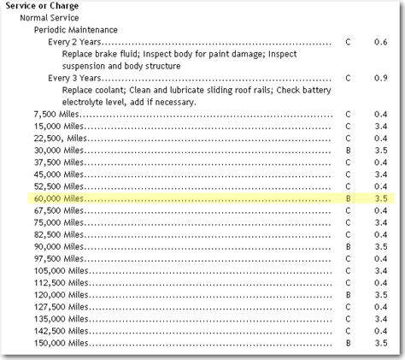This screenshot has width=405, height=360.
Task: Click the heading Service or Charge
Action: point(35,5)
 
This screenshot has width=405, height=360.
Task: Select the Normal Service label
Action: point(50,17)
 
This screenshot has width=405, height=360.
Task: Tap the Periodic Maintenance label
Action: point(76,29)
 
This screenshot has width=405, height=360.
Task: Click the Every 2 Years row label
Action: point(77,41)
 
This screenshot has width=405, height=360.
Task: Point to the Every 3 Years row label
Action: point(77,78)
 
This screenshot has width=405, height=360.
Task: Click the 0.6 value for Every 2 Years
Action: point(380,41)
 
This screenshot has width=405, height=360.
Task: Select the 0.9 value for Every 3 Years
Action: point(380,78)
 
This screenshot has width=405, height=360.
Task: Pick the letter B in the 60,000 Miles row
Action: point(348,198)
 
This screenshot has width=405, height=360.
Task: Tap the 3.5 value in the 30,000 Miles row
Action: point(380,150)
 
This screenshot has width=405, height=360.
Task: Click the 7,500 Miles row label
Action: point(55,114)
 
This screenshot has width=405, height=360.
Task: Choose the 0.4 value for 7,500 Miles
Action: point(380,114)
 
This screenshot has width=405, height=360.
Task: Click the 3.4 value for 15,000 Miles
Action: point(380,126)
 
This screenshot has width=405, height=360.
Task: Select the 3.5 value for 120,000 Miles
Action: point(380,293)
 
